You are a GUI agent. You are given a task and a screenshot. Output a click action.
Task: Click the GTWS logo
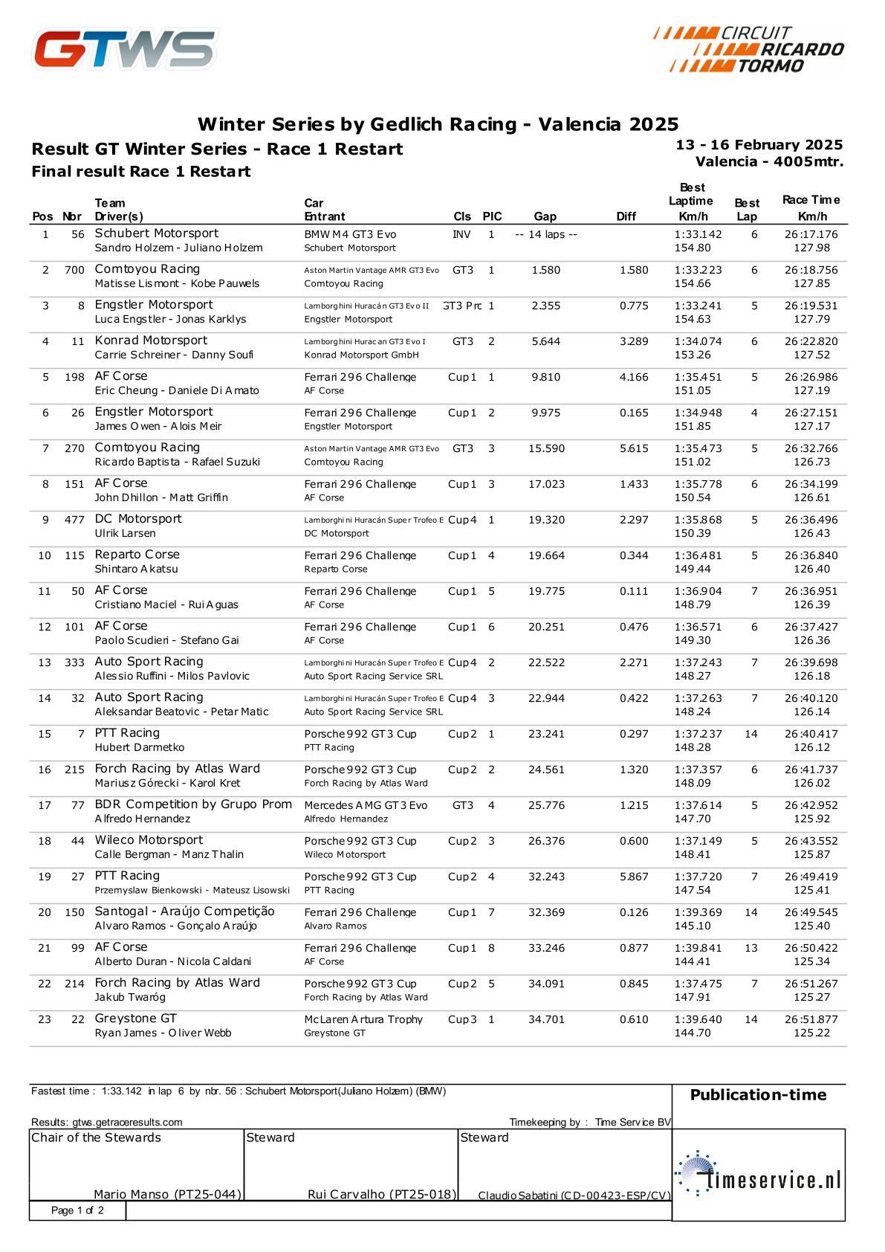point(126,49)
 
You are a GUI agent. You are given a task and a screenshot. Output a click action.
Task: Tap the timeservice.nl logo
point(758,1173)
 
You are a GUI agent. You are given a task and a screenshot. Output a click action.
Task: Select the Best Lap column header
point(747,210)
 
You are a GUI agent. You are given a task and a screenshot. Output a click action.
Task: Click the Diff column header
point(626,216)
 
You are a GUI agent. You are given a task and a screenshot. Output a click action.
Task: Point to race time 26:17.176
point(811,234)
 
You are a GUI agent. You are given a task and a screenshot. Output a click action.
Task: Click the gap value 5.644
point(545,341)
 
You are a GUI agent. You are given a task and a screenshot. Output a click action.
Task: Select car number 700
point(74,270)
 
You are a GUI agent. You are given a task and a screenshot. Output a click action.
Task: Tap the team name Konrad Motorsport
point(151,341)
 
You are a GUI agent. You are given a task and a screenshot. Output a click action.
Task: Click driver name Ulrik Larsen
point(125,533)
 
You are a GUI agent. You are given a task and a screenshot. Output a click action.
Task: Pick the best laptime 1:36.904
point(698,591)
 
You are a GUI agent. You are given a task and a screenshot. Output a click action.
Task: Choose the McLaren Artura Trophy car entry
point(363,1019)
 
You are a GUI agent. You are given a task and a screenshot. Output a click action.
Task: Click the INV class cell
point(461,234)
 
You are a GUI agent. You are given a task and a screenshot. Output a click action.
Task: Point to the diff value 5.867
point(634,877)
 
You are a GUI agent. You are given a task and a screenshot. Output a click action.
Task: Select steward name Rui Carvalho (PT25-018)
point(381,1194)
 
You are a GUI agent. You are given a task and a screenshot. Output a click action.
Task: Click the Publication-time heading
point(758,1094)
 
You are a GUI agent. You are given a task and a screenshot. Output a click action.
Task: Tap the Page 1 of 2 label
point(77,1210)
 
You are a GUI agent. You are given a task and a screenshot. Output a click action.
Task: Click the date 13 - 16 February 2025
point(759,145)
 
